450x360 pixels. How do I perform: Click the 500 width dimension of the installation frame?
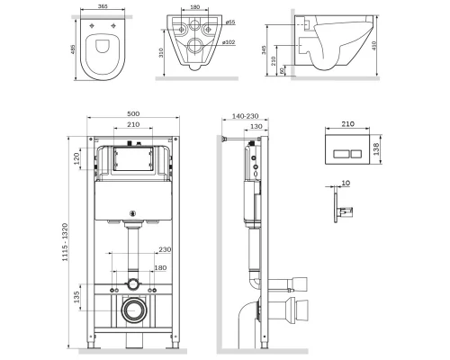(132, 115)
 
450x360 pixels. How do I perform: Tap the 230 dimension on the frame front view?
(164, 250)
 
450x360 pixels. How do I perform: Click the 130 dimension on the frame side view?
(257, 127)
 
